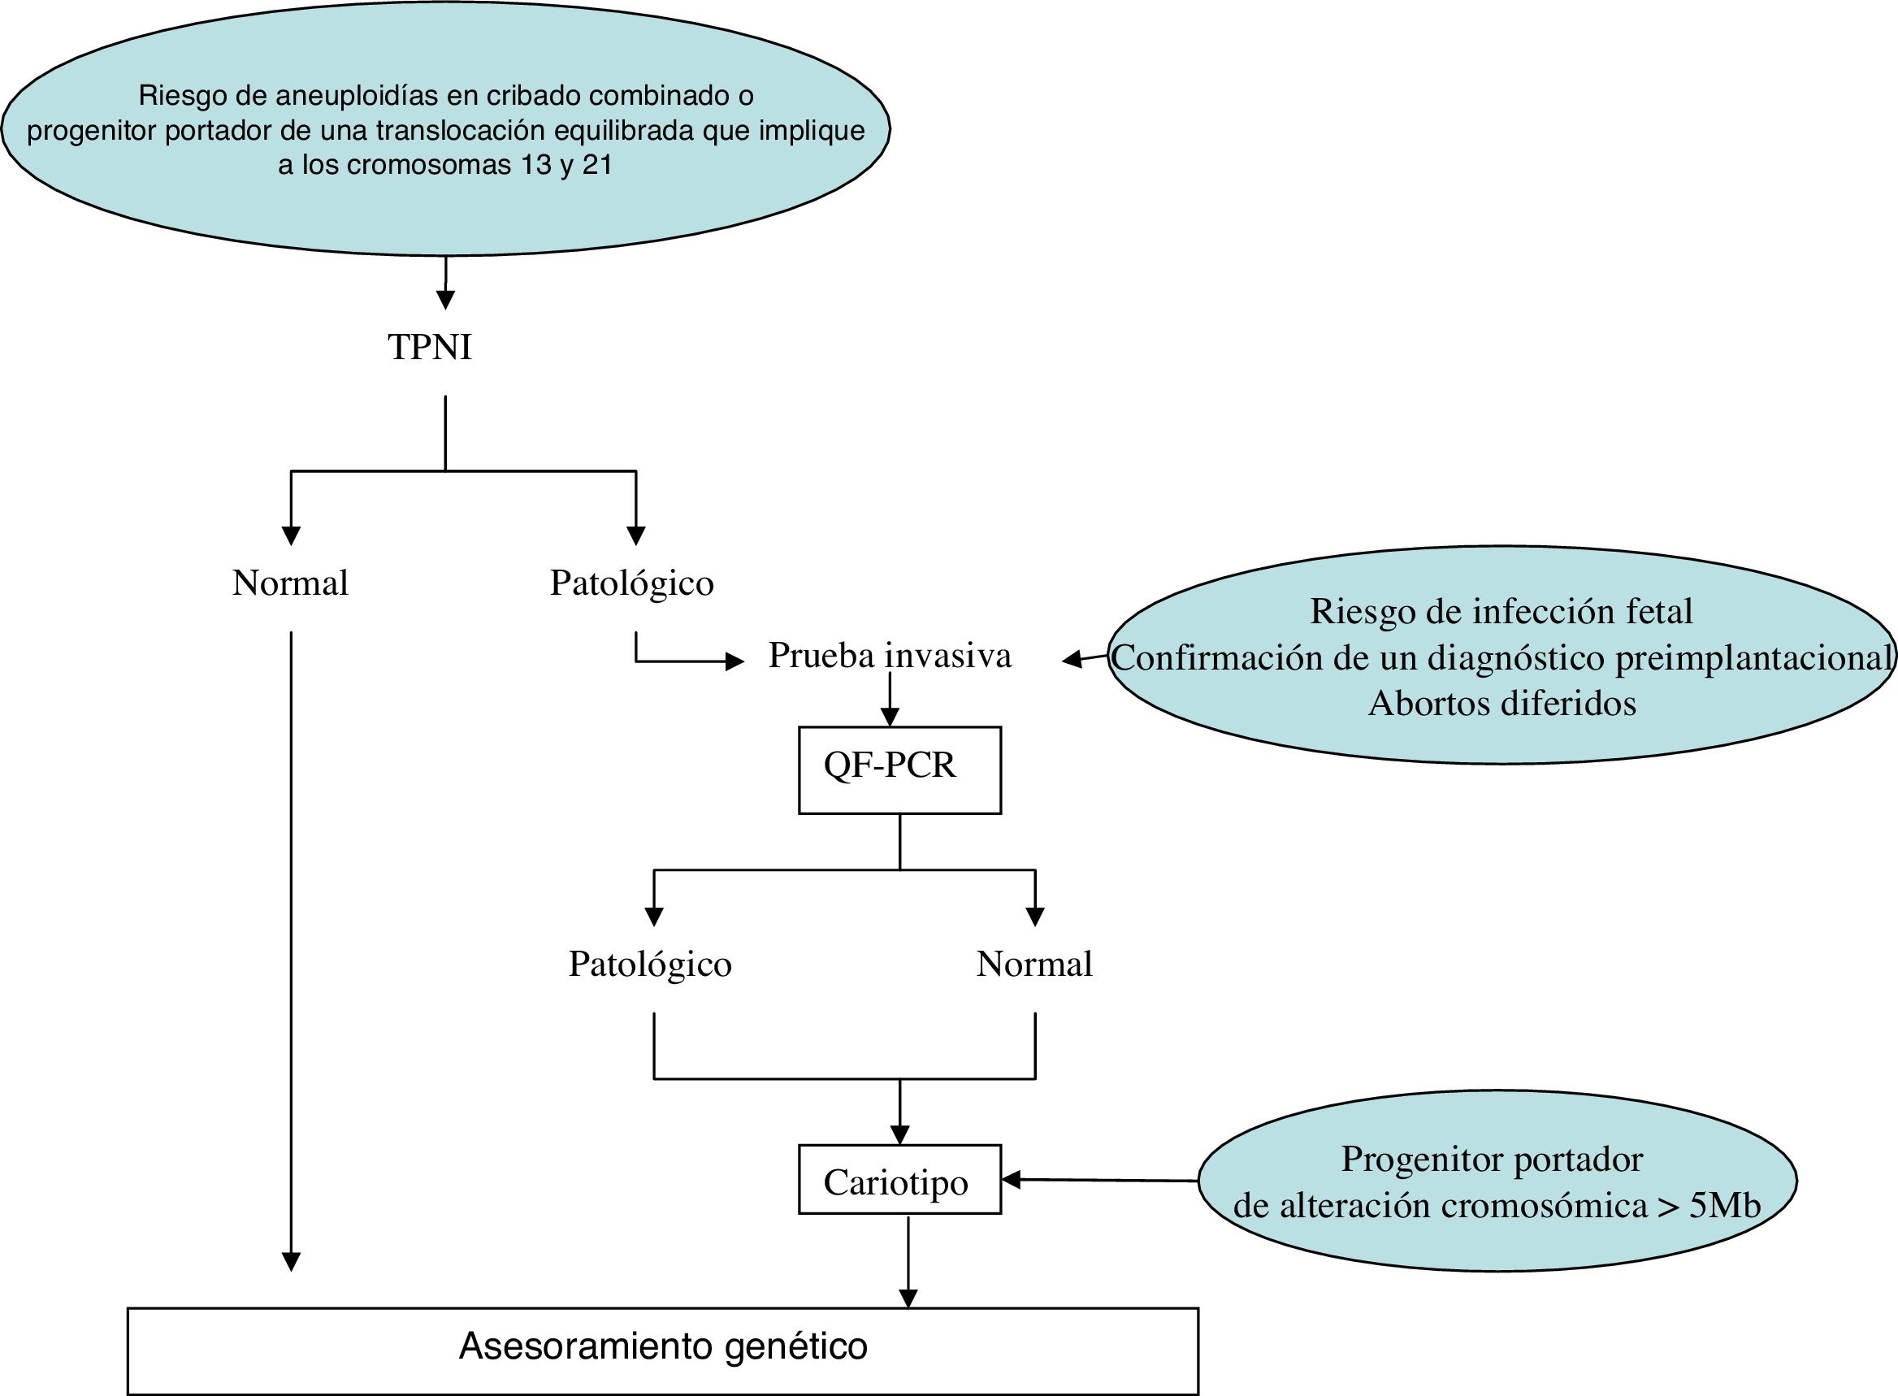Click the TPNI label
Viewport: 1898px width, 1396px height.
429,347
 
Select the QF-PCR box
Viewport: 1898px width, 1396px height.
899,769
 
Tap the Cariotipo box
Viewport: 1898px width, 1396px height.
899,1181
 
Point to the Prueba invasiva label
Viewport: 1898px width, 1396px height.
889,656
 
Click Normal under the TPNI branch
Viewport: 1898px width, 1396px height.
290,583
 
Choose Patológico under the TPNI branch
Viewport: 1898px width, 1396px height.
631,583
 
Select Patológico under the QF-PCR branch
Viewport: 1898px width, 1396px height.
649,965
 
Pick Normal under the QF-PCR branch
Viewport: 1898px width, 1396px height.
1033,965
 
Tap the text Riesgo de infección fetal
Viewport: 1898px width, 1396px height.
1501,612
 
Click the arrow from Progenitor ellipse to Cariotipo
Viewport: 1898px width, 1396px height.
1098,1180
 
